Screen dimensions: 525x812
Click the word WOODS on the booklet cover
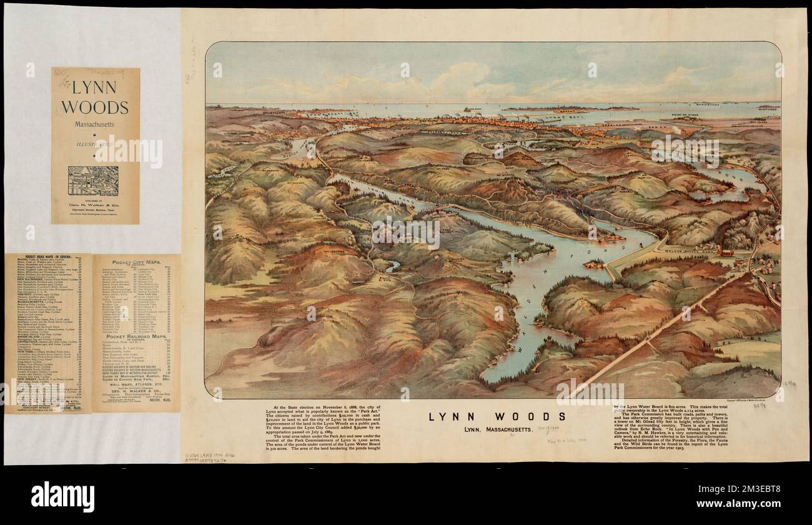pos(95,107)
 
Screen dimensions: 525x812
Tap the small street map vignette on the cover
pos(93,180)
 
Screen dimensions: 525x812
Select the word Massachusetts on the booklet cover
pos(95,125)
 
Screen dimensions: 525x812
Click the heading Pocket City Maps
pos(137,263)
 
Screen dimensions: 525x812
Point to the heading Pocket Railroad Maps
pos(136,336)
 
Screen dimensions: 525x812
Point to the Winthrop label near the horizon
pos(768,107)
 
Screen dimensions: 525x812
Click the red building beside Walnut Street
pos(743,253)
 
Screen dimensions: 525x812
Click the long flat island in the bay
pos(568,109)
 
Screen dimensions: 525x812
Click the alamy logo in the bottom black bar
pos(62,497)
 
